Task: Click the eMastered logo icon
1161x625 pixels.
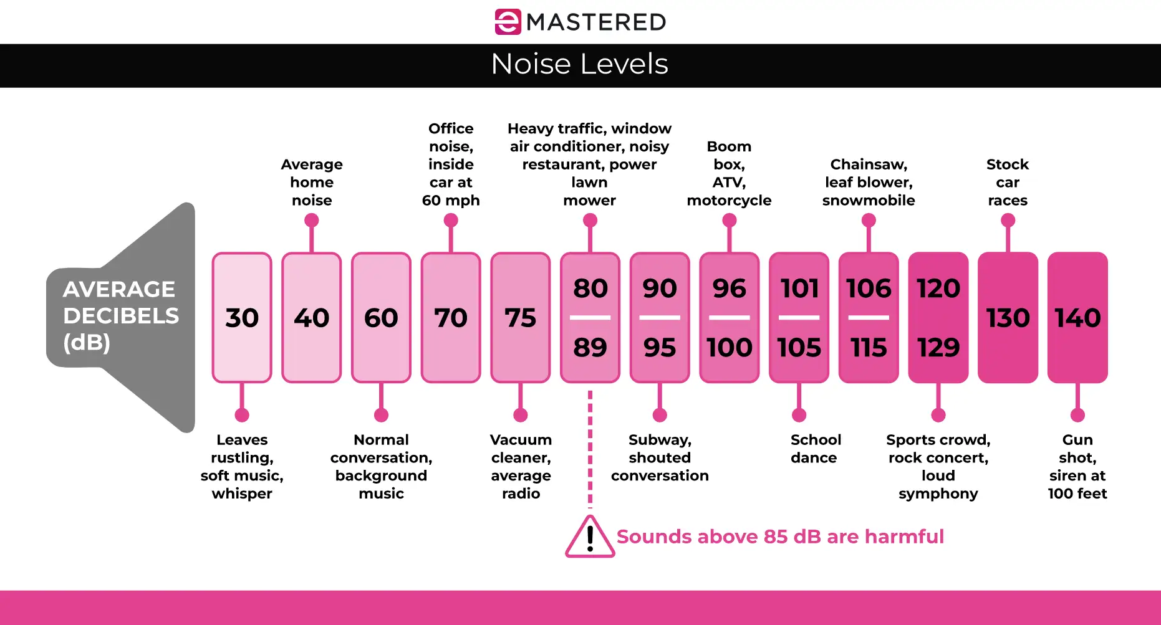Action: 508,22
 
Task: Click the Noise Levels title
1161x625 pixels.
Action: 579,64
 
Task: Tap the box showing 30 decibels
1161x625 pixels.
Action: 242,318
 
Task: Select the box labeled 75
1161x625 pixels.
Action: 520,318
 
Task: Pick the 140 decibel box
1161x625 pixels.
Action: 1077,318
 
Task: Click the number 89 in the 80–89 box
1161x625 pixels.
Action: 590,347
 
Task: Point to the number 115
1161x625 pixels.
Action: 869,347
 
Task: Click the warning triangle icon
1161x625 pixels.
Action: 589,537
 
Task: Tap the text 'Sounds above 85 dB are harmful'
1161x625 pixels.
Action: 780,537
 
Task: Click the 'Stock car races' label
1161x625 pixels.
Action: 1008,182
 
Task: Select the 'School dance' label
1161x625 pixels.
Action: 815,449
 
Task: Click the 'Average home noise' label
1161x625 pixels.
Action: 312,182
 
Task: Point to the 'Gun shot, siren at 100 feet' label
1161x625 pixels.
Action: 1077,466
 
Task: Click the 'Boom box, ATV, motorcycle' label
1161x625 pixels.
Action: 729,173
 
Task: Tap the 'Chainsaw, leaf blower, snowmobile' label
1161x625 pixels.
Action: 869,182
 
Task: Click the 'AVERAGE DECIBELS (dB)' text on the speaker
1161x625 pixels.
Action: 120,316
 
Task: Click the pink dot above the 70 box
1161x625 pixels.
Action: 451,221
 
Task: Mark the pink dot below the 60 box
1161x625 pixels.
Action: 381,415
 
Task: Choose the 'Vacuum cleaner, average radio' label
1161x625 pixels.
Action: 521,466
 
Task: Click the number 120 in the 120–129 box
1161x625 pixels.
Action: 938,289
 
